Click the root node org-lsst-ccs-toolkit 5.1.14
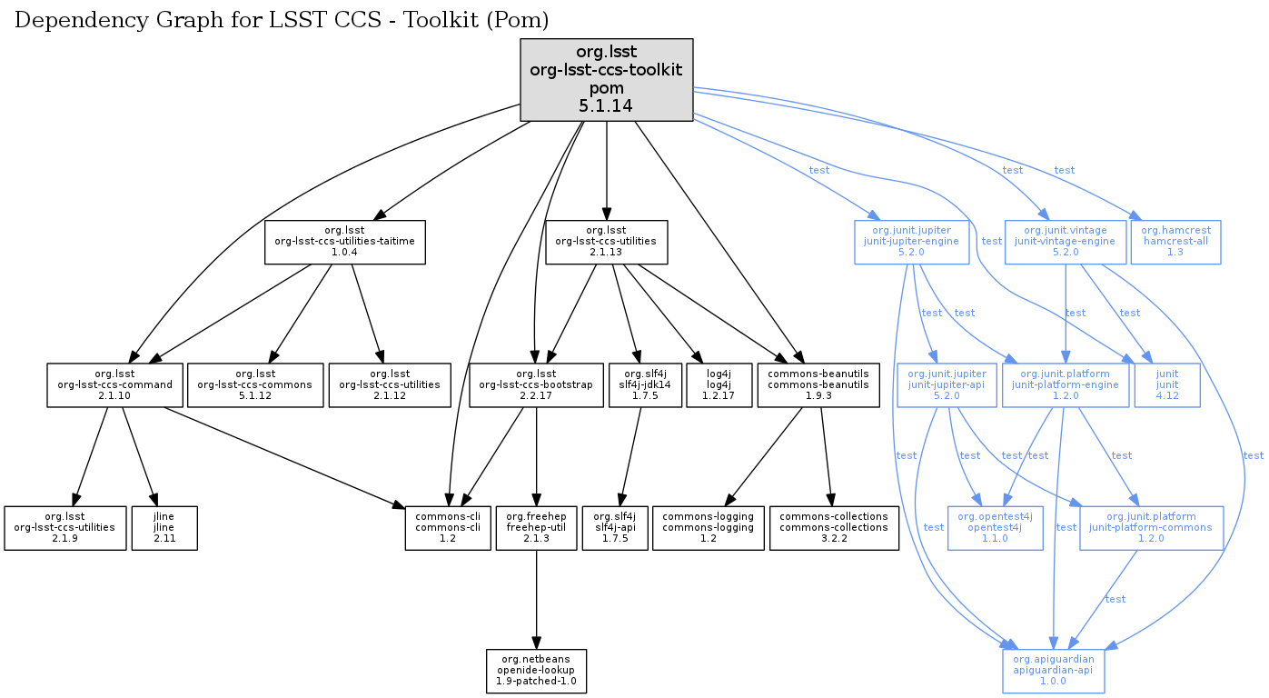(606, 80)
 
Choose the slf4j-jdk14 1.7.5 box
(645, 384)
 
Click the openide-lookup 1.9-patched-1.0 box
(536, 671)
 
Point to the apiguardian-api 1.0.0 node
(1053, 671)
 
